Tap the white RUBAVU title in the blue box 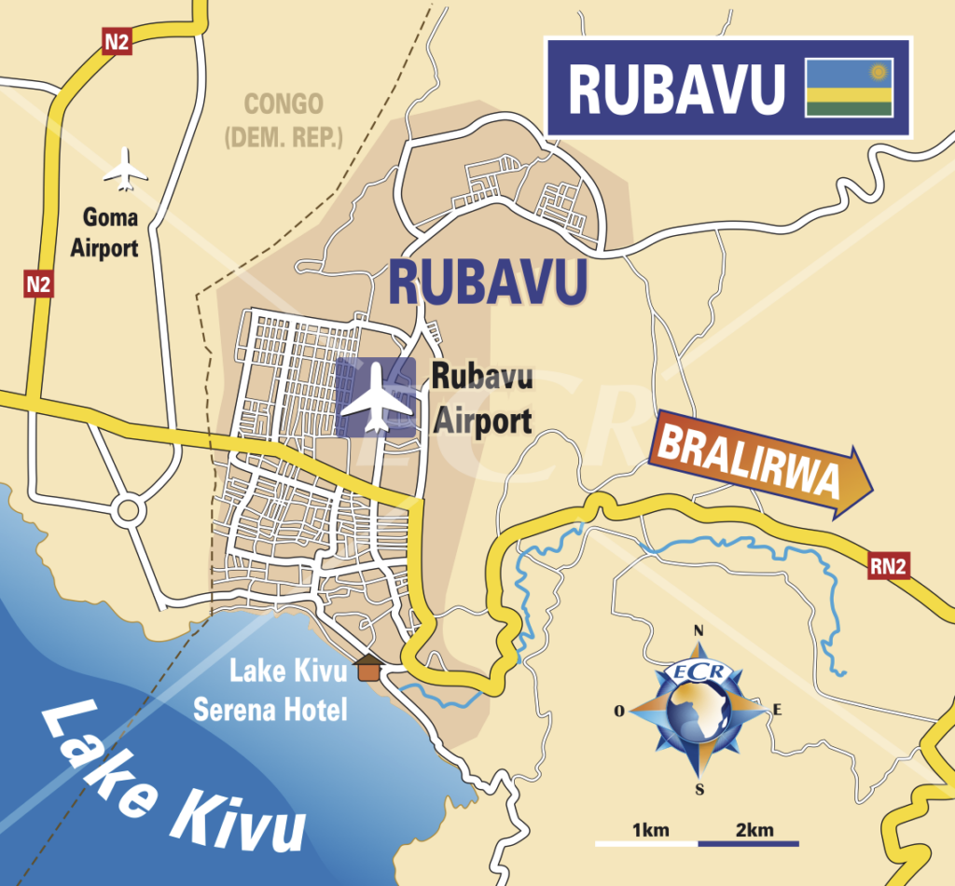pos(675,90)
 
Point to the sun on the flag pos(877,72)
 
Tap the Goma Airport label pos(110,233)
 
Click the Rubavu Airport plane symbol pos(376,397)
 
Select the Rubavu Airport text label pos(482,400)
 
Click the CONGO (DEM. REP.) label pos(284,119)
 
